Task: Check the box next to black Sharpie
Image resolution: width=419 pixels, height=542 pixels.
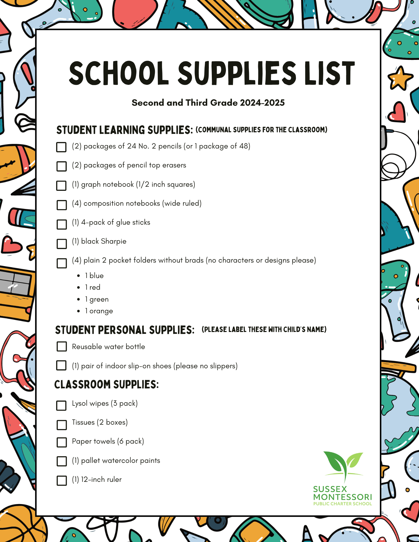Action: tap(62, 244)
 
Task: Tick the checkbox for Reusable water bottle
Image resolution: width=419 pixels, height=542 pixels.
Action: tap(62, 346)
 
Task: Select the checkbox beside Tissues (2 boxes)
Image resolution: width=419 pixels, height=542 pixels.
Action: tap(62, 425)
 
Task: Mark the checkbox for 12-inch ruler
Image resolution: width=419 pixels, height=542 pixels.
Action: tap(62, 480)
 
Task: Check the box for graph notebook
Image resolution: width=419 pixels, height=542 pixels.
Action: tap(61, 186)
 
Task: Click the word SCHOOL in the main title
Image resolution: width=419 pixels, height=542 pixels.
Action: tap(119, 73)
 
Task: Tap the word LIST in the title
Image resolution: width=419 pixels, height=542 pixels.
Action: tap(329, 73)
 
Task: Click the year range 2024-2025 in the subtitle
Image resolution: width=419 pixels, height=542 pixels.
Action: tap(262, 103)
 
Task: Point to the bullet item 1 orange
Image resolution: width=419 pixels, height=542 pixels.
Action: tap(99, 311)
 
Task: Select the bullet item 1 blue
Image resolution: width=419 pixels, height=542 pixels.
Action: tap(94, 276)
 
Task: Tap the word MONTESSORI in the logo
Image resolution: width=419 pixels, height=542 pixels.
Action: tap(343, 497)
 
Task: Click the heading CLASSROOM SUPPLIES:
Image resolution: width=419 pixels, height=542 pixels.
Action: tap(106, 385)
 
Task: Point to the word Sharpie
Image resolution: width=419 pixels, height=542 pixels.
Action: tap(114, 241)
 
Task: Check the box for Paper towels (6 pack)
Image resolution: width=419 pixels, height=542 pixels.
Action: tap(62, 442)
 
